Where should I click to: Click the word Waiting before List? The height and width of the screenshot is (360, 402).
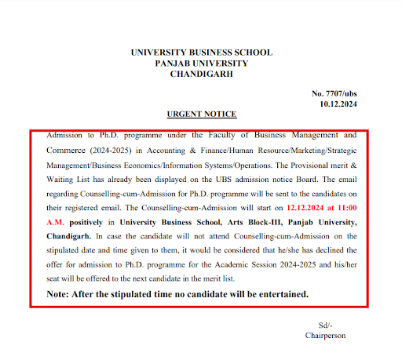click(53, 179)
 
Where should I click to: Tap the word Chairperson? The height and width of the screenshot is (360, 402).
click(325, 335)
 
